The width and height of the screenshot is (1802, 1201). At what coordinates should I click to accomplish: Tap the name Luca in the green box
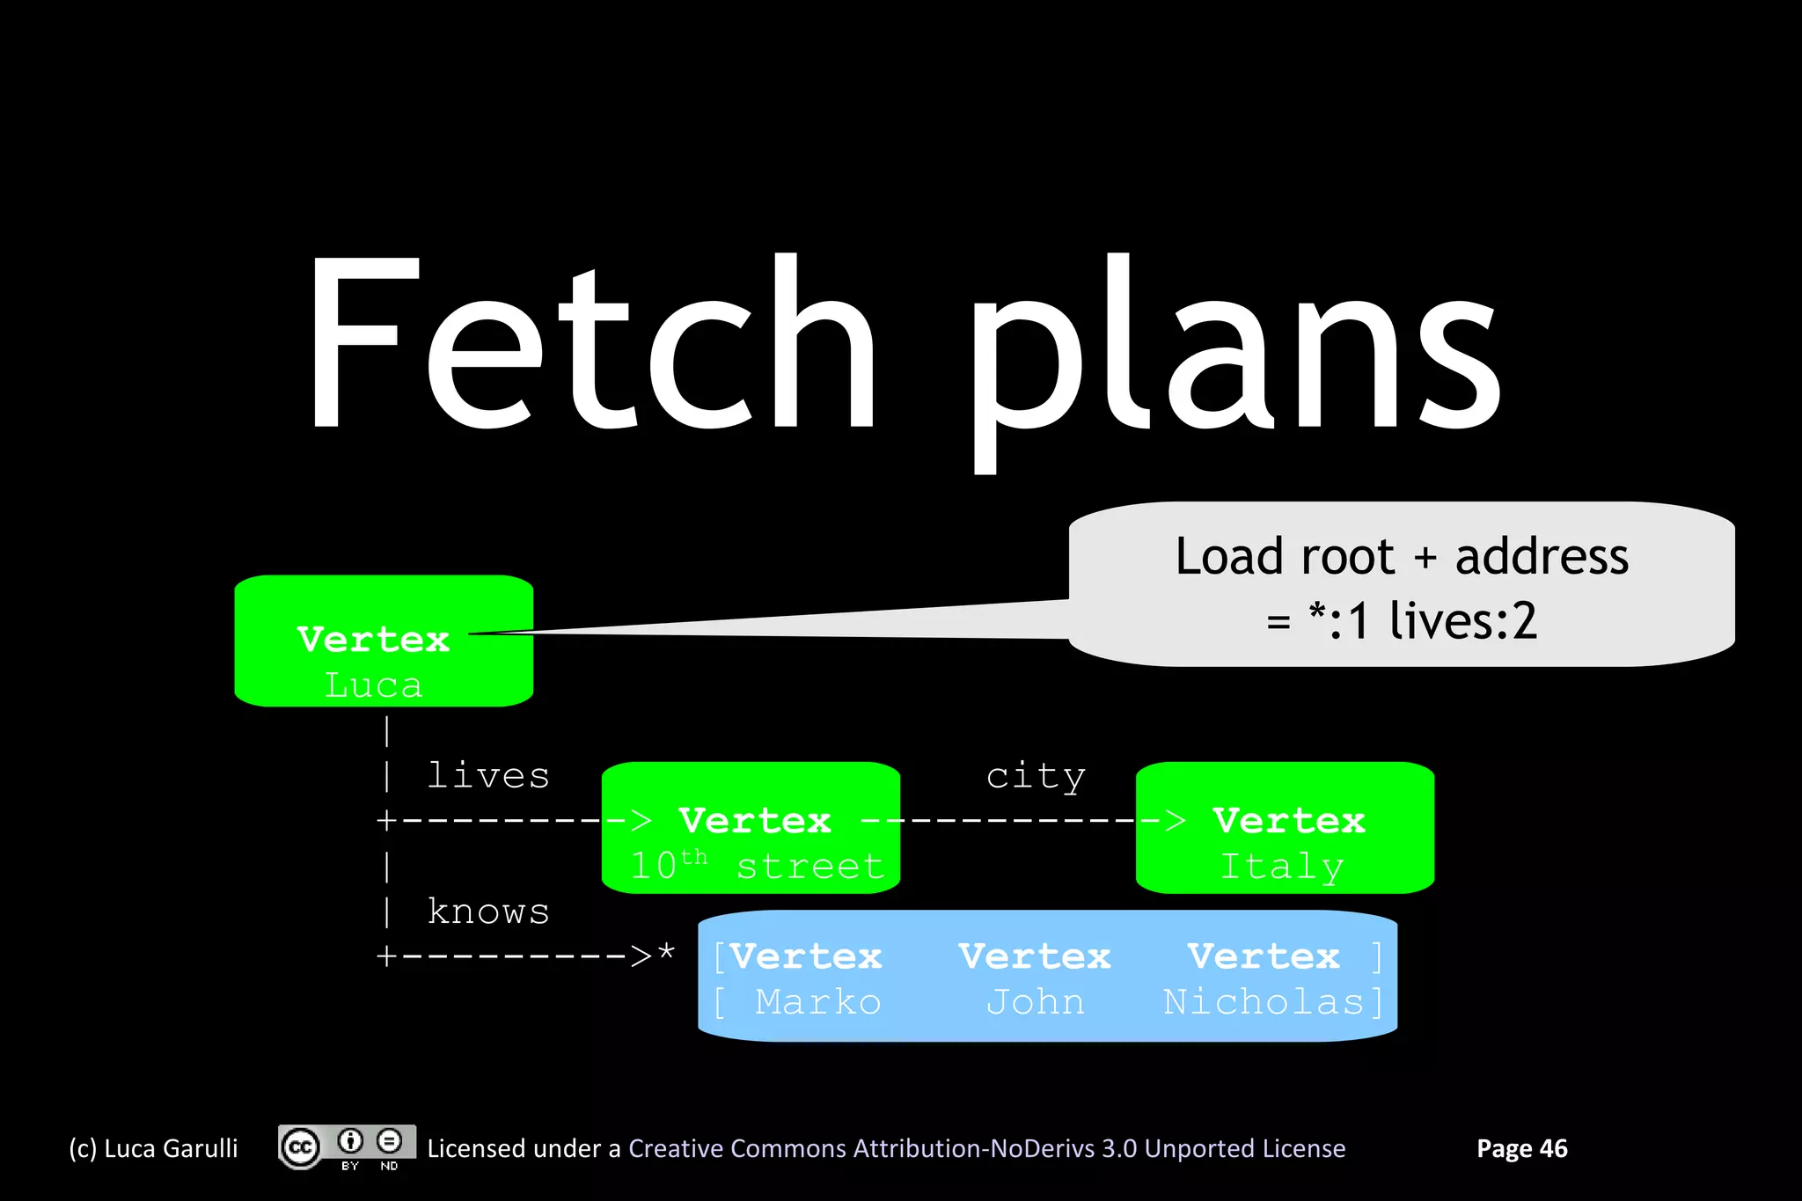tap(373, 685)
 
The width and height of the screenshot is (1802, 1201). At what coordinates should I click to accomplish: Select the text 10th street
tap(757, 866)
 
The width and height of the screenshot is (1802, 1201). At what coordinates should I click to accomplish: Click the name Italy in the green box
tap(1282, 867)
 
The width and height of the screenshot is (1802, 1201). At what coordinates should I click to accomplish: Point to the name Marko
tap(817, 1002)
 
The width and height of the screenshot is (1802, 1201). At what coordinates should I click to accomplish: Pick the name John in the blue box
tap(1035, 1002)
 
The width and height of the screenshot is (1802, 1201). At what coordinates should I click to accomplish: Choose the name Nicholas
tap(1264, 1002)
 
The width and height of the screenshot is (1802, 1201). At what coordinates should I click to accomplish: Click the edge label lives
tap(488, 776)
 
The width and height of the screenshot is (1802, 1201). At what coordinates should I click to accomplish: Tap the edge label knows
tap(488, 912)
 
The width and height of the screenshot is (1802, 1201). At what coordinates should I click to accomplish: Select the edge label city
tap(1036, 776)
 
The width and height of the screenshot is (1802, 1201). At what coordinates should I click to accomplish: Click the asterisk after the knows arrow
tap(666, 952)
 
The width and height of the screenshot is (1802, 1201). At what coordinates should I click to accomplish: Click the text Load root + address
tap(1402, 557)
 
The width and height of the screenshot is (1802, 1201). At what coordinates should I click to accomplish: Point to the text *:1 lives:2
tap(1422, 621)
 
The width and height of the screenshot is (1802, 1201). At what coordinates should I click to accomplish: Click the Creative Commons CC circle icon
tap(300, 1147)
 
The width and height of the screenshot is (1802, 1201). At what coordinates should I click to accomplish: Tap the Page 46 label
tap(1521, 1148)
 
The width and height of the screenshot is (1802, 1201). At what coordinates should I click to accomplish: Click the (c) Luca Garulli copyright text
tap(154, 1148)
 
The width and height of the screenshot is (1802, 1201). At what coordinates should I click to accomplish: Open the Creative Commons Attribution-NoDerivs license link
tap(986, 1148)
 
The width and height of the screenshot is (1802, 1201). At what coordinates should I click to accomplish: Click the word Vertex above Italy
tap(1289, 821)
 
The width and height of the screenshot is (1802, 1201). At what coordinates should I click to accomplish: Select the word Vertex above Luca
tap(373, 640)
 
